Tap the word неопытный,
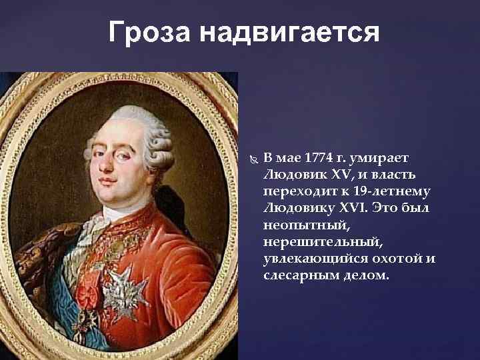301,225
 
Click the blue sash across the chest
67,280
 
